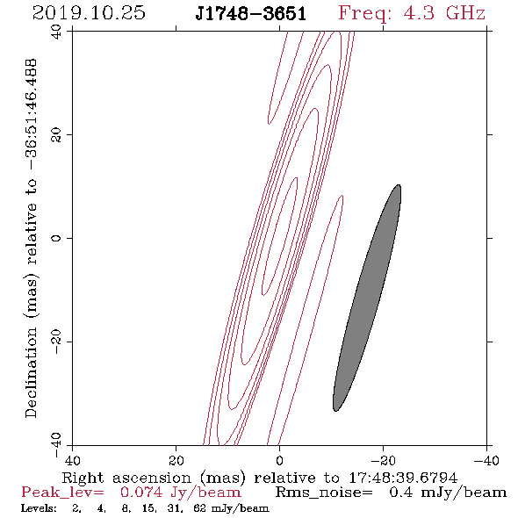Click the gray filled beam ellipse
tap(367, 298)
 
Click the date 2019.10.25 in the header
tap(89, 13)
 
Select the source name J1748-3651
tap(251, 13)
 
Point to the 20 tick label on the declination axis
tap(56, 135)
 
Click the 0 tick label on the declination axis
tap(56, 238)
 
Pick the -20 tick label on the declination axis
tap(56, 342)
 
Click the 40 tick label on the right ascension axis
tap(72, 460)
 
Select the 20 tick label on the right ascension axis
tap(176, 460)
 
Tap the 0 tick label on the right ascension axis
tap(279, 460)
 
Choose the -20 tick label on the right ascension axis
tap(383, 460)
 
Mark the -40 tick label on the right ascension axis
tap(486, 460)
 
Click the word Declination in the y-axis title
tap(31, 372)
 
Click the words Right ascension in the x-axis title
tap(126, 478)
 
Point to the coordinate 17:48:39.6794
tap(403, 478)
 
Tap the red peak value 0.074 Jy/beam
tap(180, 493)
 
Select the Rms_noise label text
tap(324, 493)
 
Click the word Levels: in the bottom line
tap(39, 508)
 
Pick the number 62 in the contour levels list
tap(200, 508)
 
